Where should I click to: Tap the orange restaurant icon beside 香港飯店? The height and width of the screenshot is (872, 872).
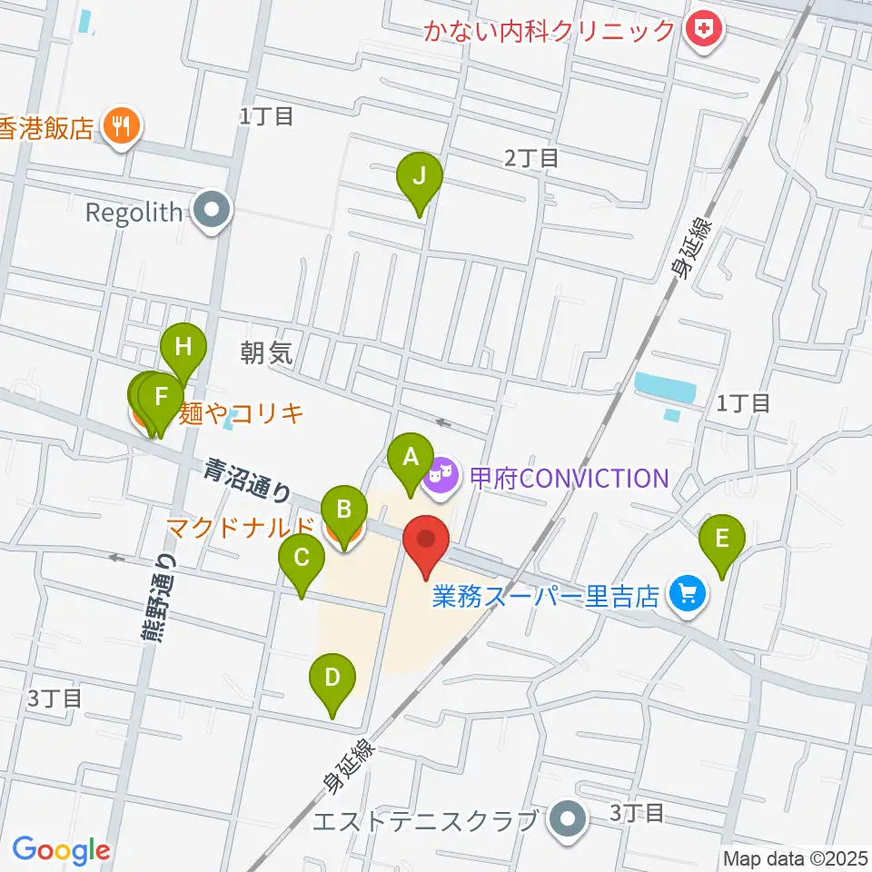click(120, 127)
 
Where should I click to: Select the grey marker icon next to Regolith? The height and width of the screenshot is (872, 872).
click(213, 213)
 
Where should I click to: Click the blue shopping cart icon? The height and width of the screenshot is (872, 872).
click(688, 595)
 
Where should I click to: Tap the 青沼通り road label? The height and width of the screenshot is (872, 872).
click(246, 481)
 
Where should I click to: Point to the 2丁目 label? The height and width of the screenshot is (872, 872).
click(531, 158)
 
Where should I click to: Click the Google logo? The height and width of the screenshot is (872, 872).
click(61, 850)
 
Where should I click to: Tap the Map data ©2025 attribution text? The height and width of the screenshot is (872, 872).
click(796, 857)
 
